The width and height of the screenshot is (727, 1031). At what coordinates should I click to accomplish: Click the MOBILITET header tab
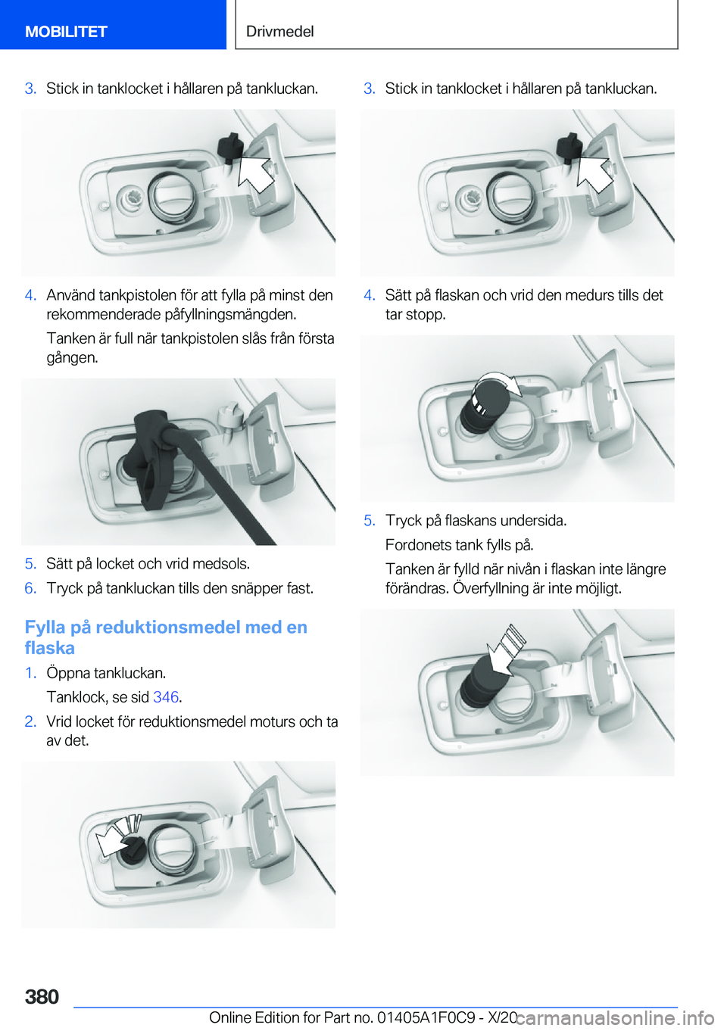pyautogui.click(x=66, y=31)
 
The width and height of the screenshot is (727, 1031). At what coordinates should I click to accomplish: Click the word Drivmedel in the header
pyautogui.click(x=279, y=31)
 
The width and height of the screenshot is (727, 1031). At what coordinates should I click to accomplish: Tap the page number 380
pyautogui.click(x=42, y=996)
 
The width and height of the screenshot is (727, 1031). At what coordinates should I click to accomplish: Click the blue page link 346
pyautogui.click(x=166, y=697)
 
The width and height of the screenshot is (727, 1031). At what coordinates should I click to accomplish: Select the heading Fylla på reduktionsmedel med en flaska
pyautogui.click(x=166, y=637)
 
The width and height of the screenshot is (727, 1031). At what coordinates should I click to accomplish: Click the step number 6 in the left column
pyautogui.click(x=30, y=588)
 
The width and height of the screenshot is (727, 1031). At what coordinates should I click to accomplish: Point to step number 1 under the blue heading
pyautogui.click(x=30, y=673)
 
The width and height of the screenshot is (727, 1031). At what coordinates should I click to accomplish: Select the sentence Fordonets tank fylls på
pyautogui.click(x=459, y=545)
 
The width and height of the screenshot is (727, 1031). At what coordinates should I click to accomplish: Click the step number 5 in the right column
pyautogui.click(x=369, y=521)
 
